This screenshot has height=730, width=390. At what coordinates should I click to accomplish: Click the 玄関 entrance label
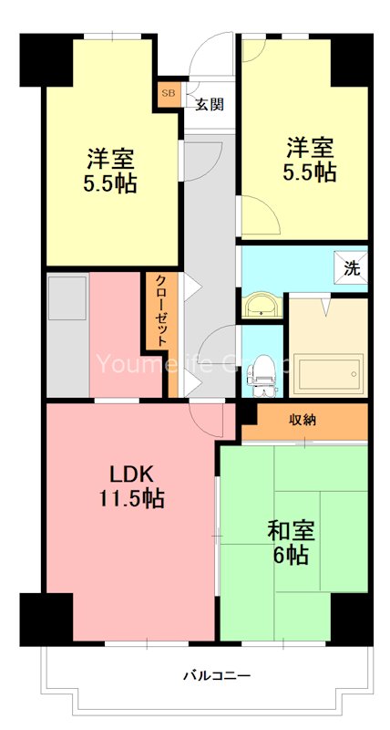(x=208, y=103)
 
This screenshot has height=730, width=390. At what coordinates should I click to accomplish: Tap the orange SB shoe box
(x=169, y=93)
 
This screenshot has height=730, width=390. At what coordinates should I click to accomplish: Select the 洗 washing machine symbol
(x=351, y=268)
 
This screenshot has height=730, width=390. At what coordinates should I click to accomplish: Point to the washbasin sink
(x=262, y=305)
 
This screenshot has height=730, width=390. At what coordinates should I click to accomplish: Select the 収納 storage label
(x=303, y=420)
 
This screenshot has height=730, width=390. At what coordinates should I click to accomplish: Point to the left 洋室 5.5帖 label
(x=111, y=170)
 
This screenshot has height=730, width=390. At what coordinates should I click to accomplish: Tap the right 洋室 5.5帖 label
(x=311, y=159)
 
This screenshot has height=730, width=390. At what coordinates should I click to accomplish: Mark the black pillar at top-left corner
(x=46, y=59)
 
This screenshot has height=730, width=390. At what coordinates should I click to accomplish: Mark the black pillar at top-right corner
(x=351, y=59)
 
